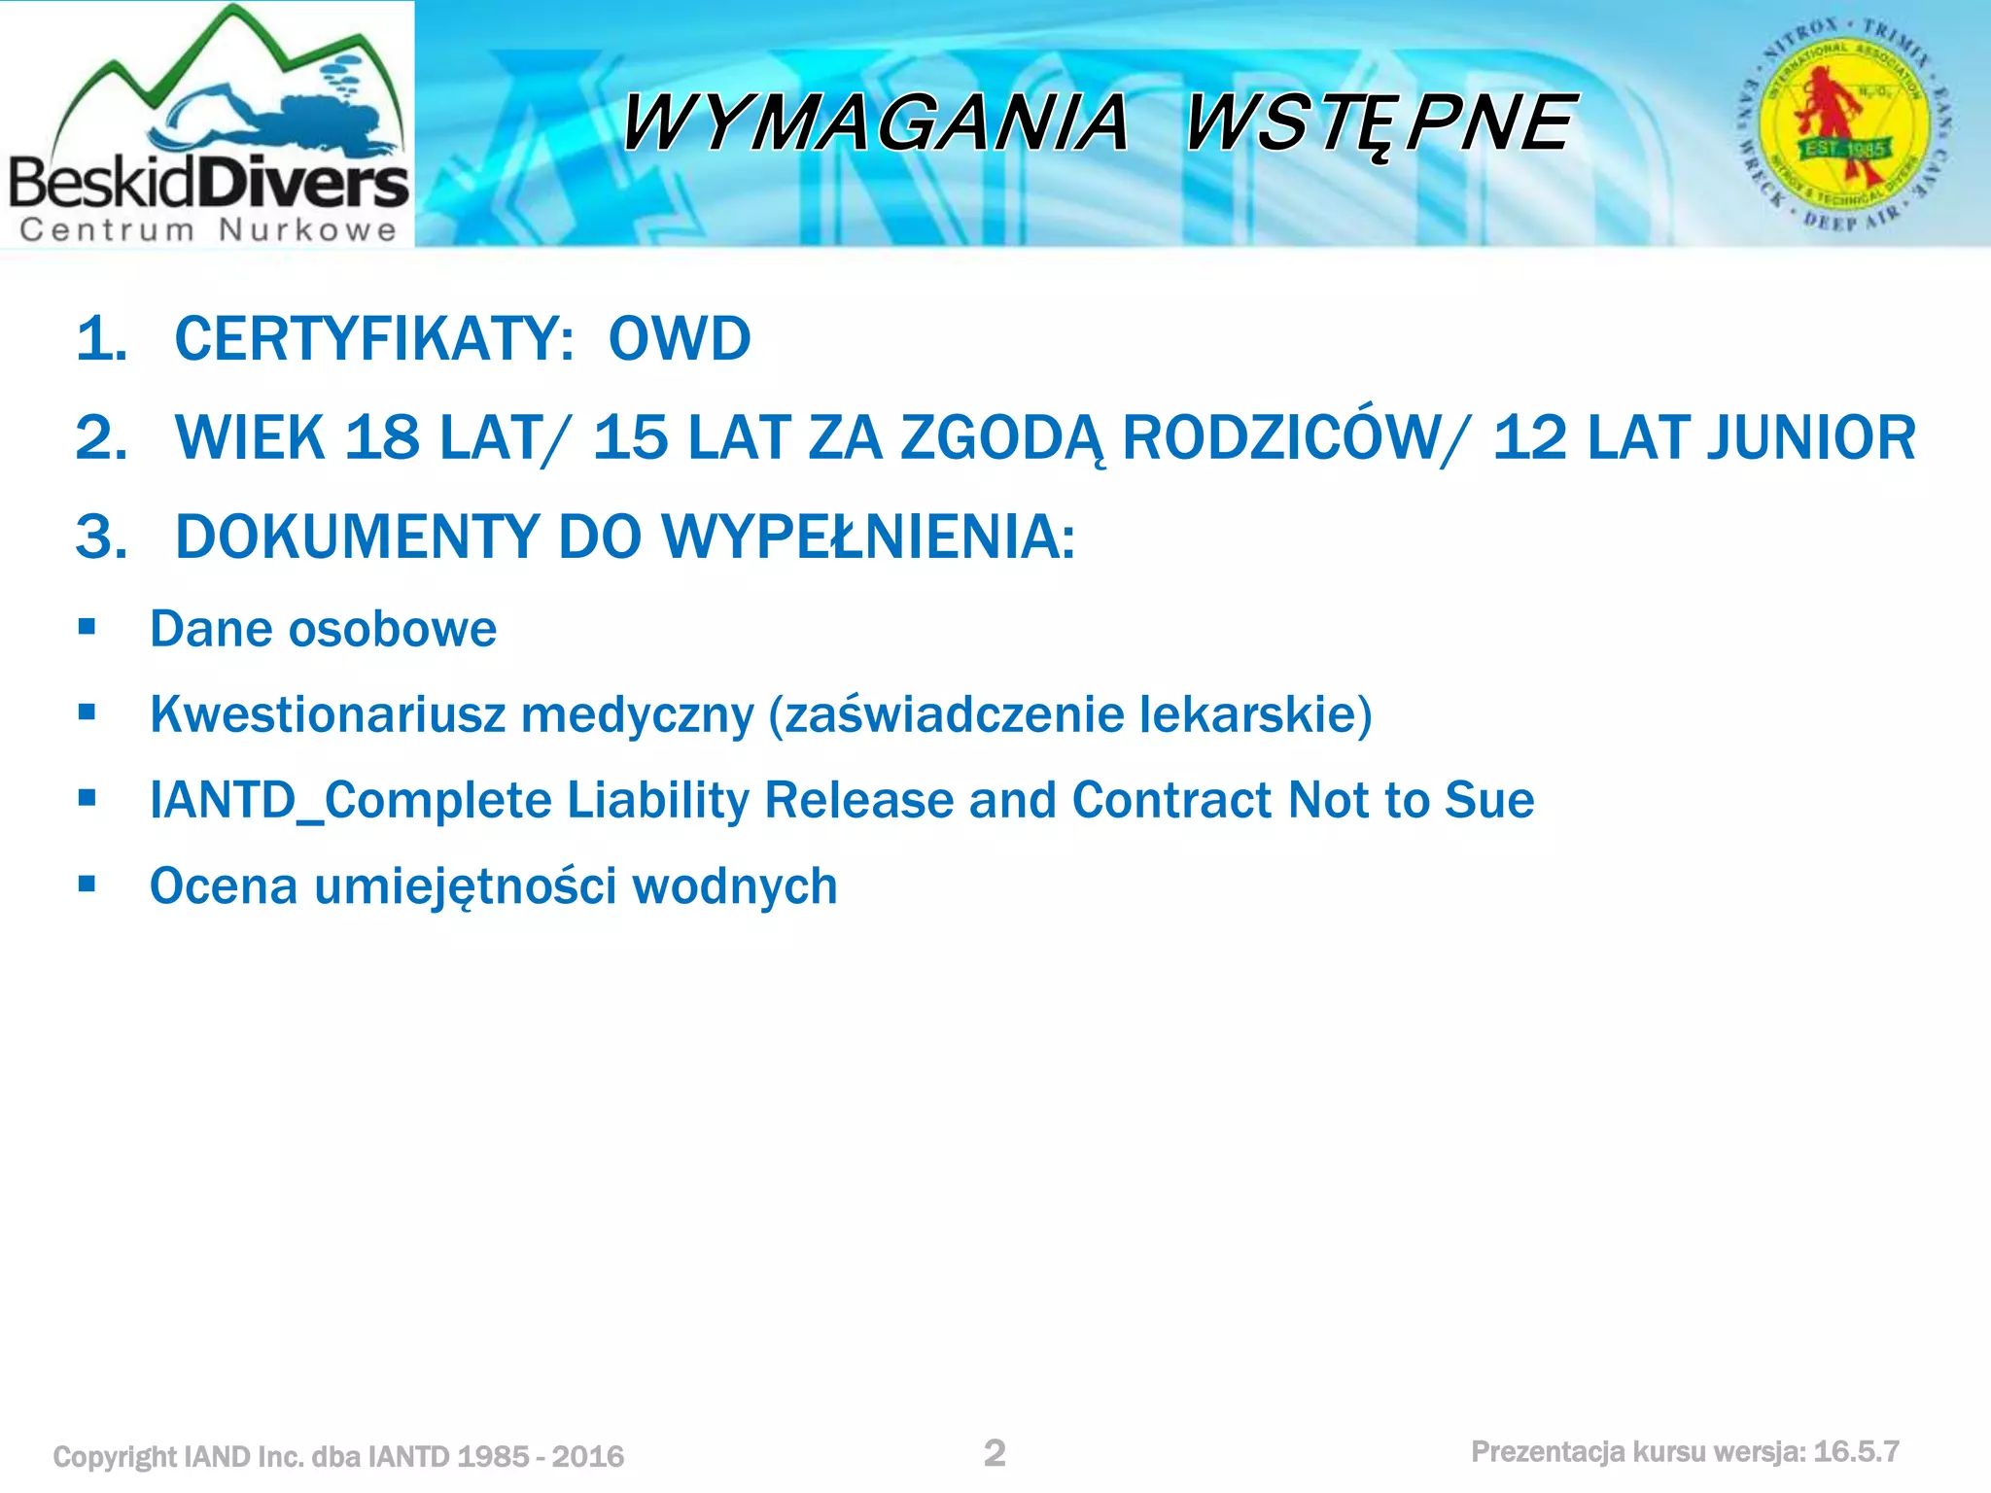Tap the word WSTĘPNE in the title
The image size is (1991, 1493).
(x=1379, y=123)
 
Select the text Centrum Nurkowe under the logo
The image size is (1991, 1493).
(x=208, y=230)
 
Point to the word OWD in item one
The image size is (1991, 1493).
(x=680, y=339)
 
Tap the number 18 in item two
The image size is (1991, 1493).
(x=382, y=437)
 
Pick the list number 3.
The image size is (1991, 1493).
(x=101, y=537)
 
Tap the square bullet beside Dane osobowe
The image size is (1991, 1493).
(x=87, y=627)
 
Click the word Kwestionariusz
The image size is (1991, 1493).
(x=328, y=714)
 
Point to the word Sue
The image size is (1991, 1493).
(x=1488, y=800)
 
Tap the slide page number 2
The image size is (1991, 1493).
(x=995, y=1453)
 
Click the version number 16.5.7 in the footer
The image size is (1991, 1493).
(x=1856, y=1452)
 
